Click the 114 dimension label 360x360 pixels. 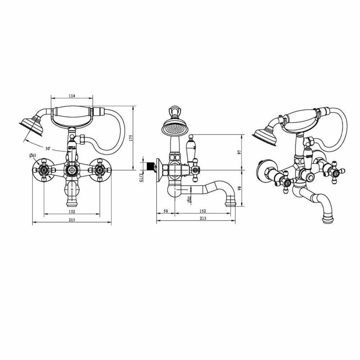[x=72, y=96]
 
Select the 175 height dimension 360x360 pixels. [x=131, y=138]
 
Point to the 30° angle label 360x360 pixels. [x=48, y=149]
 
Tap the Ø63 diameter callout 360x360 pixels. [x=33, y=156]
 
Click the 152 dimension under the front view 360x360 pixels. [x=72, y=211]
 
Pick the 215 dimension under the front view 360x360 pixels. [x=72, y=220]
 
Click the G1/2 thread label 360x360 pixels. [x=141, y=177]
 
